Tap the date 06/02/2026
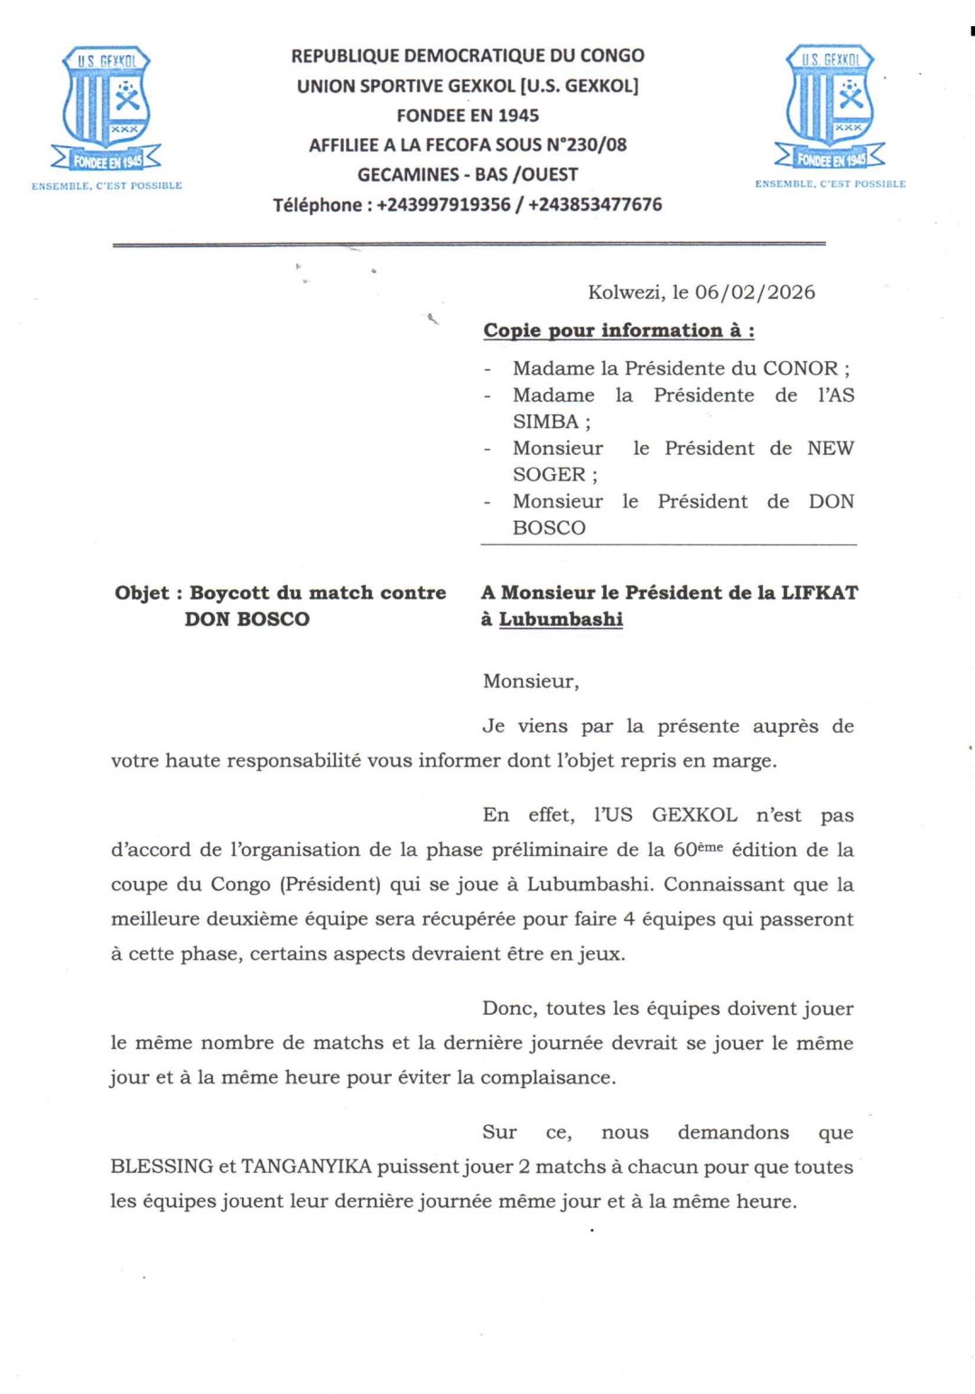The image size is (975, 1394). tap(755, 293)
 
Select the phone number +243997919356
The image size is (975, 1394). tap(443, 205)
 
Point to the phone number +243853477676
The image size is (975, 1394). tap(595, 205)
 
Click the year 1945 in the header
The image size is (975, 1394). tap(517, 116)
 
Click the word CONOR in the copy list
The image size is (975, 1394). tap(800, 368)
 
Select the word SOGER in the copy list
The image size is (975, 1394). tap(549, 475)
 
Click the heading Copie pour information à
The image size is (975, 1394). tap(618, 330)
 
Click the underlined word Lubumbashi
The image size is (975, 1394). tap(561, 619)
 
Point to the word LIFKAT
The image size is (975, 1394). tap(819, 593)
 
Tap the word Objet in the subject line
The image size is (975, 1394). tap(142, 593)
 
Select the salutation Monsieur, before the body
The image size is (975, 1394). tap(531, 682)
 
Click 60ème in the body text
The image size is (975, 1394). tap(698, 850)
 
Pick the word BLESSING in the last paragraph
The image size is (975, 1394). tap(162, 1166)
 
